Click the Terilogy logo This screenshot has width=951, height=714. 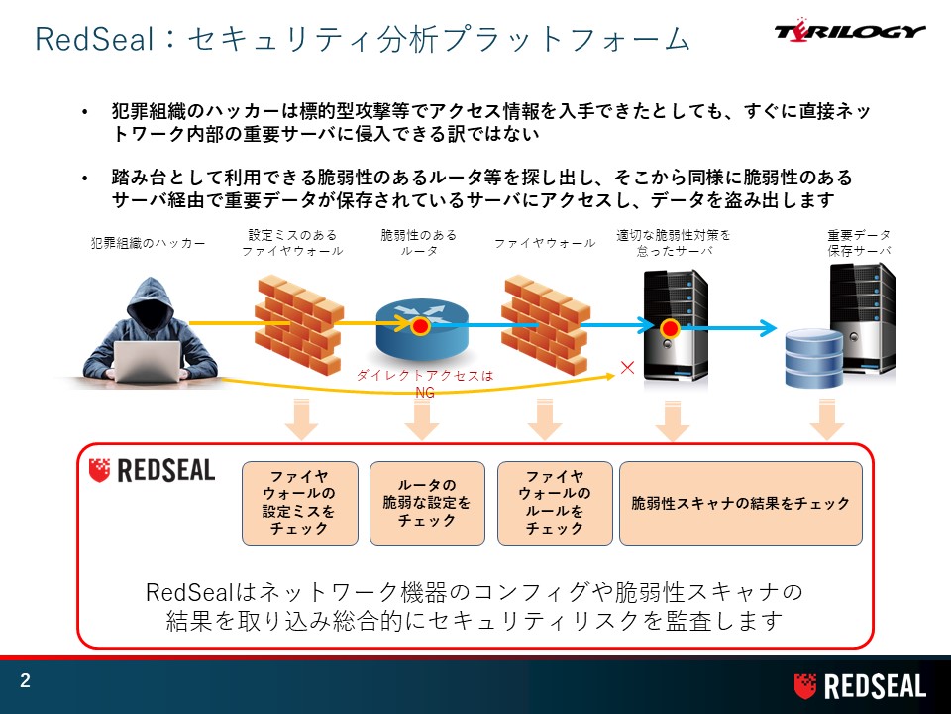click(850, 31)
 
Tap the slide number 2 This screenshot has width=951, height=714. click(25, 680)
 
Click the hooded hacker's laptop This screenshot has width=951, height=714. click(148, 362)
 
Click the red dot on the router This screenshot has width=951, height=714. click(420, 326)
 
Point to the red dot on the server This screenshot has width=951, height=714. click(670, 329)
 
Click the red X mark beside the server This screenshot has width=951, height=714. click(628, 367)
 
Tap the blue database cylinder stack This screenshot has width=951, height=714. click(814, 358)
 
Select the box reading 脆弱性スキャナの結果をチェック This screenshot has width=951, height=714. click(741, 504)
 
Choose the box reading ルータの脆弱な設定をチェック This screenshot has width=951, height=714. click(427, 504)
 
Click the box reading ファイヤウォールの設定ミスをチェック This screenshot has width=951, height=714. click(299, 504)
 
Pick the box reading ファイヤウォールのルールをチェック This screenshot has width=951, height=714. click(555, 504)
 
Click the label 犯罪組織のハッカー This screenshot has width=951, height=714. click(148, 244)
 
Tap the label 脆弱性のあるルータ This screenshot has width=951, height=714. click(418, 242)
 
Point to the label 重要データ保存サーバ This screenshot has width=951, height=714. click(859, 242)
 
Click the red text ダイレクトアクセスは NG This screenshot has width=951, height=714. click(425, 384)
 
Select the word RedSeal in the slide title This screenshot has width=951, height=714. click(94, 39)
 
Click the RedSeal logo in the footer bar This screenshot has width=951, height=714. click(860, 686)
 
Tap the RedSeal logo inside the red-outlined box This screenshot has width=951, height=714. click(152, 470)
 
